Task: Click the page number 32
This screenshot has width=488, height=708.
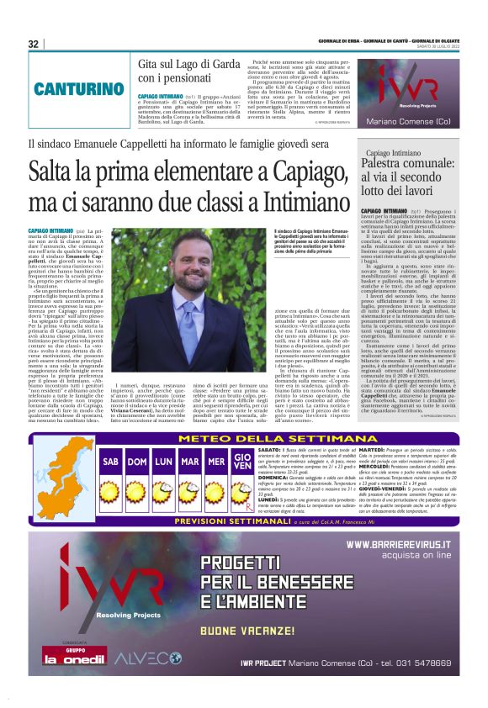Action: click(x=34, y=44)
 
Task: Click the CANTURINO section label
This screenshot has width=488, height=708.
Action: click(x=78, y=88)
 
